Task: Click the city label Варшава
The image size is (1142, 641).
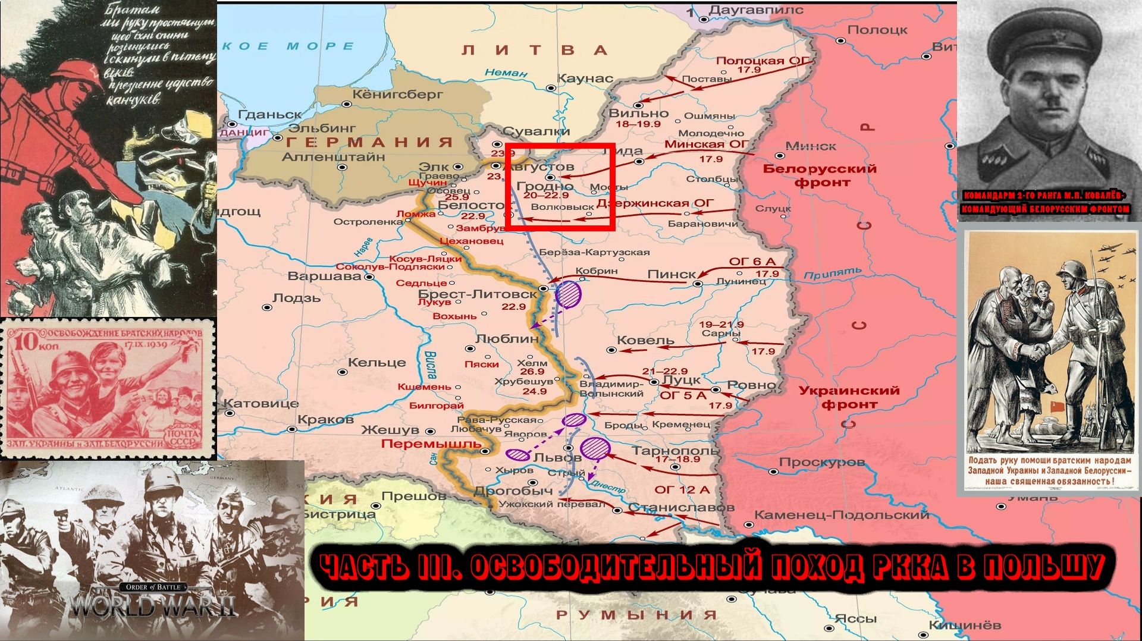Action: [324, 276]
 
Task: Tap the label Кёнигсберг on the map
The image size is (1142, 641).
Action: [397, 94]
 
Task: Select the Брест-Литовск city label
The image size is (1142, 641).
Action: [478, 294]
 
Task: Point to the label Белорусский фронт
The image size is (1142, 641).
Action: [820, 175]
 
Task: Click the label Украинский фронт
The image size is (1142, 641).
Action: [849, 397]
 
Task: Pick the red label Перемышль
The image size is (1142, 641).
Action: [431, 444]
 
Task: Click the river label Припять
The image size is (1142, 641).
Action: [832, 274]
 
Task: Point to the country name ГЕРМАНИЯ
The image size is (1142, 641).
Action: [369, 143]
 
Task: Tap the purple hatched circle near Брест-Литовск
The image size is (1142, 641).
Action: [568, 294]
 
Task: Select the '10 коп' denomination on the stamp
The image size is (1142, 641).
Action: [28, 343]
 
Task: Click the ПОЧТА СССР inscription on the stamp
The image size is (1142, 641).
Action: [183, 437]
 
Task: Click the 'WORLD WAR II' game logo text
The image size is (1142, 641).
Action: [153, 607]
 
